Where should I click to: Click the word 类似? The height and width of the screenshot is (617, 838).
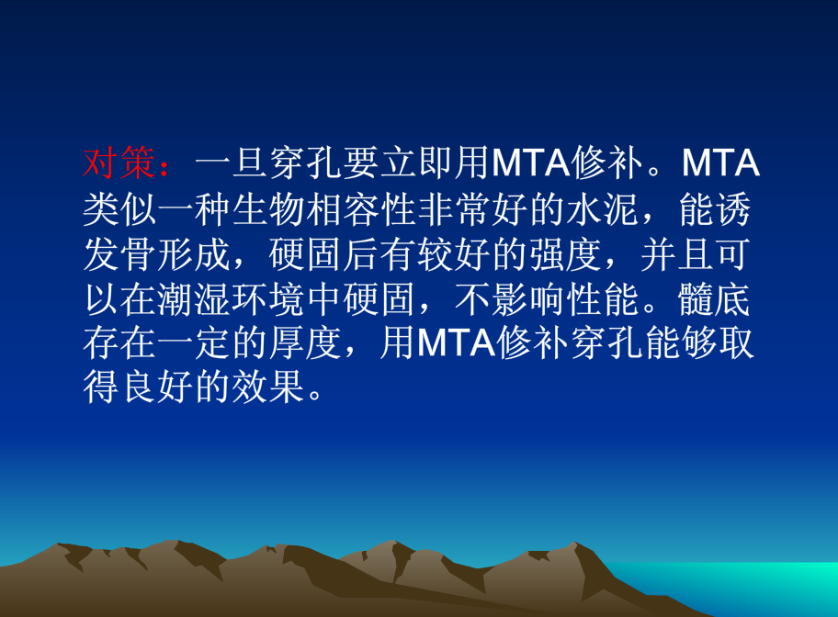point(119,210)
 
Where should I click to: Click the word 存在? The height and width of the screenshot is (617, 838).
point(119,345)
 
